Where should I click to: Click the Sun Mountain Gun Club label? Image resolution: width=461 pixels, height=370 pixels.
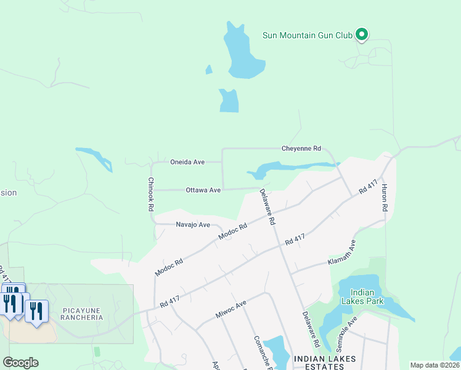coord(308,35)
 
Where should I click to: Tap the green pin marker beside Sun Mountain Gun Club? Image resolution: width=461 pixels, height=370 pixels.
coord(362,35)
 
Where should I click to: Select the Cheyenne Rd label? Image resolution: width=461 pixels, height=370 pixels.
coord(301,149)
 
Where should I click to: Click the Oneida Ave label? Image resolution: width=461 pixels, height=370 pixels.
coord(187,162)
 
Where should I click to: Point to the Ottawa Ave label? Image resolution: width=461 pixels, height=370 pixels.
coord(203,191)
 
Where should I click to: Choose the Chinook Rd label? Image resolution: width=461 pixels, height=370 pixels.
coord(150,195)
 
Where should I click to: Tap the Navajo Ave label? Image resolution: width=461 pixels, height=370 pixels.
coord(193,224)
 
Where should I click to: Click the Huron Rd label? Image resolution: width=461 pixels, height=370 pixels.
coord(384,198)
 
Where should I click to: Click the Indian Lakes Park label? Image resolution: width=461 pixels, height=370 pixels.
coord(367,297)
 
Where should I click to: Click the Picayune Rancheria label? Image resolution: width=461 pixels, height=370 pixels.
coord(82,314)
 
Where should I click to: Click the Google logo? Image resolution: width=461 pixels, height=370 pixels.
coord(20,363)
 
